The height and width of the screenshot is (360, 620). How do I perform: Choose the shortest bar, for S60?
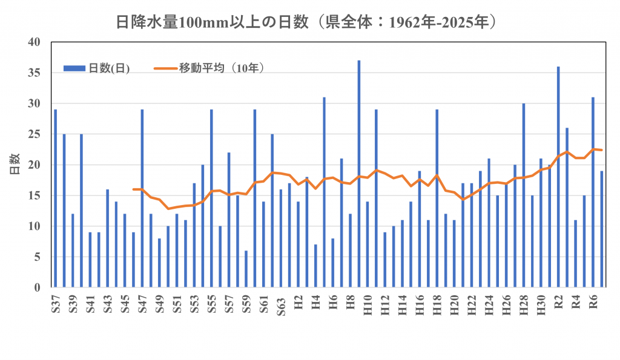point(246,269)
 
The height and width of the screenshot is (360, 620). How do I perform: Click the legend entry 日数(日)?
point(100,68)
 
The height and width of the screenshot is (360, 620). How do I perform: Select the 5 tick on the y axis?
point(37,257)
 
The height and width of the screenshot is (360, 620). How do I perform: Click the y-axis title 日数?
point(13,165)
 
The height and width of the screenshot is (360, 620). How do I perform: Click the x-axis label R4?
point(576,303)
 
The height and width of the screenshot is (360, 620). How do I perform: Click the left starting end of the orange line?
point(133,189)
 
